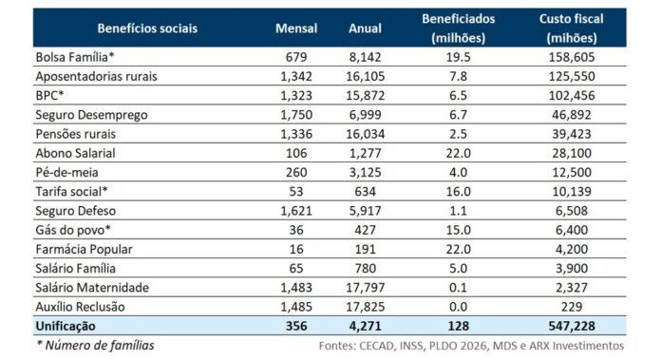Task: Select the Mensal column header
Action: tap(296, 28)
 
